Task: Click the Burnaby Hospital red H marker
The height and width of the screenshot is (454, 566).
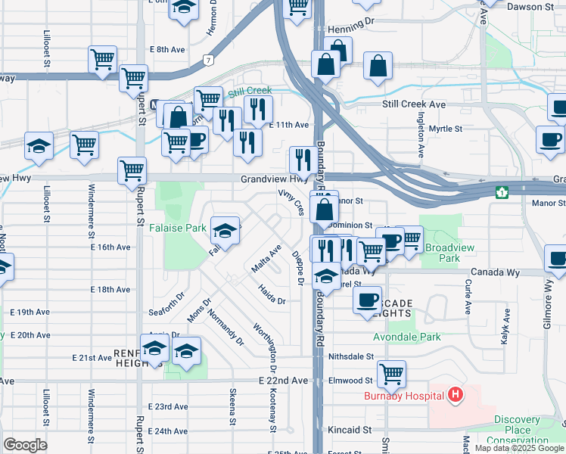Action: [x=456, y=394]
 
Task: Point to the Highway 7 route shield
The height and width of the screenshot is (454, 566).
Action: [x=207, y=58]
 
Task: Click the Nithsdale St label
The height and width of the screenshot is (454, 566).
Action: [x=351, y=356]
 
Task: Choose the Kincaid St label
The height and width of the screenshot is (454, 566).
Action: [x=350, y=430]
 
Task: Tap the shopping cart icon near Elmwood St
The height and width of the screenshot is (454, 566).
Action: [x=391, y=372]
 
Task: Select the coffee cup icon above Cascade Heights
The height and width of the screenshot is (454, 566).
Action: [x=367, y=299]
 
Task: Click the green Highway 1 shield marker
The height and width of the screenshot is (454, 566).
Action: [x=501, y=192]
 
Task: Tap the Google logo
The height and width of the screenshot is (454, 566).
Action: [x=24, y=445]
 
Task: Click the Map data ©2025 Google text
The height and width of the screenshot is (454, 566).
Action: [x=519, y=448]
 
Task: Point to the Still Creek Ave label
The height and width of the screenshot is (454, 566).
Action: [x=414, y=104]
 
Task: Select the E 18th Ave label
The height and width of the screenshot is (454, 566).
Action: [x=110, y=290]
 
